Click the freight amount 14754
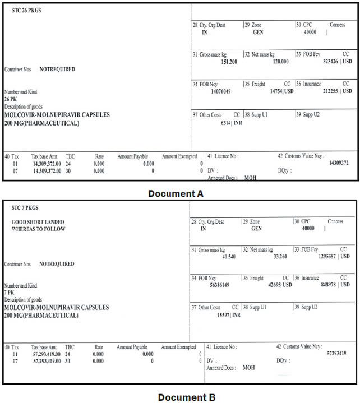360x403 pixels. tap(275, 91)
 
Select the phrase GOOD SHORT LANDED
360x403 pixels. tap(38, 222)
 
